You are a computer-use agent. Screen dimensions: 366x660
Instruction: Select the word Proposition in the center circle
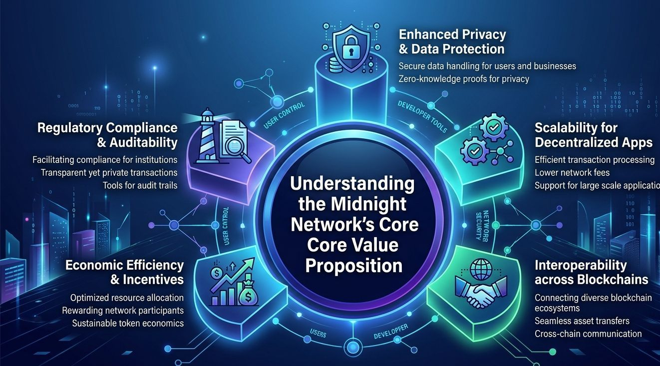[353, 265]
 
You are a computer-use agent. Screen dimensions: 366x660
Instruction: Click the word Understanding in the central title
[352, 184]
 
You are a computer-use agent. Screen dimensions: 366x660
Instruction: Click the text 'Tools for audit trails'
[140, 185]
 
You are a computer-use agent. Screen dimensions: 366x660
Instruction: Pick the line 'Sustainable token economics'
[128, 323]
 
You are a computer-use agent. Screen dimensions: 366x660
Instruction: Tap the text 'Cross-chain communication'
[588, 334]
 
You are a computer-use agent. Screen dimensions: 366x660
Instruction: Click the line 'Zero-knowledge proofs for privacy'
[464, 79]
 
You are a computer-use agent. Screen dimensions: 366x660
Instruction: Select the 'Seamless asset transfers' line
[582, 321]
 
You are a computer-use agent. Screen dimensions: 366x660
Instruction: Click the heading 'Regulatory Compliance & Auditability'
[107, 135]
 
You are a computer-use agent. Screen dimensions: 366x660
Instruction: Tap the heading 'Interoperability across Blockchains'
[591, 272]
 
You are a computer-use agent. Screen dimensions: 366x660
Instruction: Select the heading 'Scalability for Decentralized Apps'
[593, 135]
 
